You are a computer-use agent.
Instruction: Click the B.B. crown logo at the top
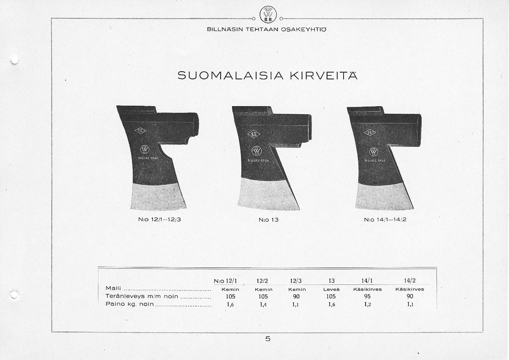pos(267,16)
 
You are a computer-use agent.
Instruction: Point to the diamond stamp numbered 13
pos(255,135)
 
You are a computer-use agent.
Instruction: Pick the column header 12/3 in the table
pos(296,280)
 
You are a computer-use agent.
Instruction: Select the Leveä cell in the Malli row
pos(331,289)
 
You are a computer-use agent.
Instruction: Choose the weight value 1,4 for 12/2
pos(263,304)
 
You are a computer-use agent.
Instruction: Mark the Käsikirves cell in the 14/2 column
pos(409,289)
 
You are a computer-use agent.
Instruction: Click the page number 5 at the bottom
pos(268,339)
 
